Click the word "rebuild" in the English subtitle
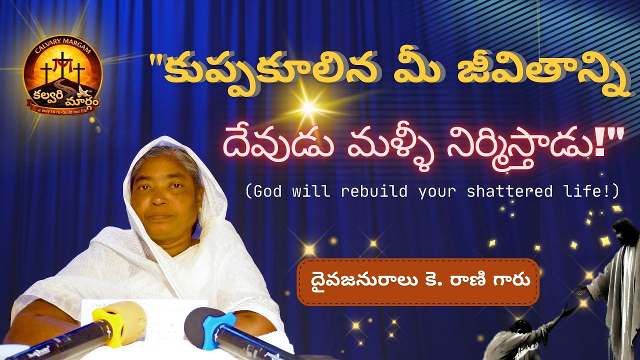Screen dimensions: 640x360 point(374,191)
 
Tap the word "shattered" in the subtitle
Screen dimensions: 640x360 point(509,191)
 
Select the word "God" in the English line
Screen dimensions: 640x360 point(267,191)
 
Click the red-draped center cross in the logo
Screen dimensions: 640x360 point(62,65)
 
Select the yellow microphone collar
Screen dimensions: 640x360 point(108,327)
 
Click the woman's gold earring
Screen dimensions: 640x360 point(200,209)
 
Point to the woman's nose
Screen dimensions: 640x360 point(158,197)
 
